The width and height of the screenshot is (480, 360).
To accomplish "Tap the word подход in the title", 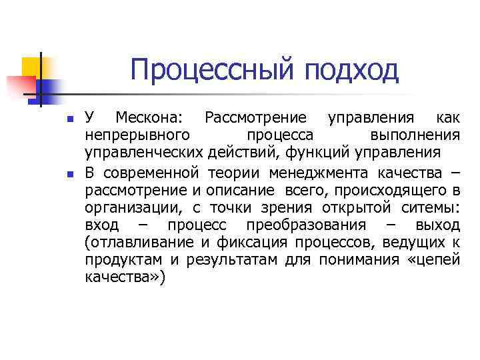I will (x=351, y=69).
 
